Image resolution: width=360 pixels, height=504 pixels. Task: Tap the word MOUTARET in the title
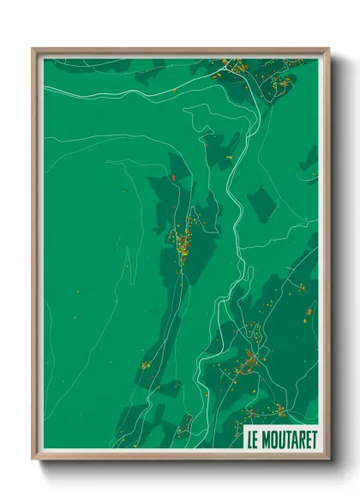[288, 439]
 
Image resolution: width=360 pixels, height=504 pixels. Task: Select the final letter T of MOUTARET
[313, 439]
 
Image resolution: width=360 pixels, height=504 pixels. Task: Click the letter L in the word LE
[249, 439]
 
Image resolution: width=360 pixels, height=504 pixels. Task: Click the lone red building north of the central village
[173, 177]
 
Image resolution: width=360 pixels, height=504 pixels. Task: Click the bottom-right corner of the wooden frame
[329, 459]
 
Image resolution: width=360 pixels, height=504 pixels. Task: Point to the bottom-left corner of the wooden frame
[33, 459]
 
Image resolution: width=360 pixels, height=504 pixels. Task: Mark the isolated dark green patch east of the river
[261, 204]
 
